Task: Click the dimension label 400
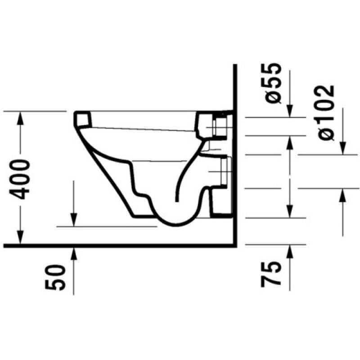[x=21, y=179]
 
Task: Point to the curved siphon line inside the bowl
[x=184, y=173]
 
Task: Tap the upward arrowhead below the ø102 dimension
[x=342, y=194]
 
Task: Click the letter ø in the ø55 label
[x=273, y=97]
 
